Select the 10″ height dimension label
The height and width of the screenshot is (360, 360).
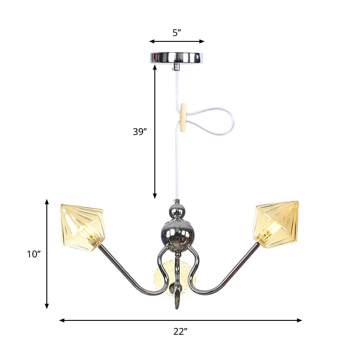click(x=34, y=254)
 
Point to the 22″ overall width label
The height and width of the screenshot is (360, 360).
click(x=180, y=332)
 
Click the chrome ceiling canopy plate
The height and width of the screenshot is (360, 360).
click(x=177, y=57)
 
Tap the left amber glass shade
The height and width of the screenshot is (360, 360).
click(x=83, y=226)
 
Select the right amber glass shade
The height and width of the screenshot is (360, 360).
click(x=276, y=224)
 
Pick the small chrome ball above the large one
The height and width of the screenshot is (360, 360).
click(x=177, y=210)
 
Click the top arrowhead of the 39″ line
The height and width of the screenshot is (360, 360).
click(x=155, y=67)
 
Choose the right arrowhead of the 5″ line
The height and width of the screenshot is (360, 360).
click(x=202, y=41)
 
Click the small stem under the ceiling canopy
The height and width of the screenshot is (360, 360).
click(x=177, y=67)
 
